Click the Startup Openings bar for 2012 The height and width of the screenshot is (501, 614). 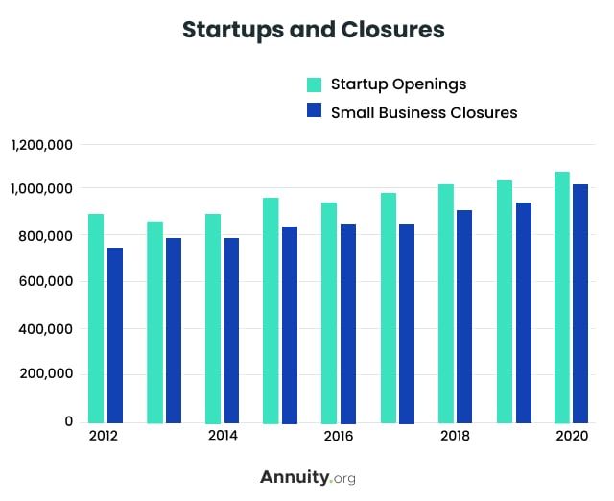[96, 318]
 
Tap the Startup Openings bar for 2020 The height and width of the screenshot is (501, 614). [562, 297]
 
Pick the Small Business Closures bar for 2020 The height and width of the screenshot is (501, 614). [581, 303]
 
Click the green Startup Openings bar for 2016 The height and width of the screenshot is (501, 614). [329, 312]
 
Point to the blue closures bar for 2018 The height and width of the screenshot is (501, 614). [464, 316]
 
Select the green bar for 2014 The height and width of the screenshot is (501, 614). [213, 318]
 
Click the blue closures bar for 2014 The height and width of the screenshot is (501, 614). [231, 330]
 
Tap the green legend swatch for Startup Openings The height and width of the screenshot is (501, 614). [314, 83]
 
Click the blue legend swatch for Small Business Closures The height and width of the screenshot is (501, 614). [314, 111]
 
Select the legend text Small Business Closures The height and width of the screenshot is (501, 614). [424, 112]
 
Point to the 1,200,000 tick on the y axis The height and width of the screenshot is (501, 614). [42, 145]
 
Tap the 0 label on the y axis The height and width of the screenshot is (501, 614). [68, 421]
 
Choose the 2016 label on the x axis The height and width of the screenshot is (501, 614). [339, 437]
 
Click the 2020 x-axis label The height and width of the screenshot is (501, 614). [572, 437]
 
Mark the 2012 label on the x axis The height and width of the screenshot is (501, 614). [104, 437]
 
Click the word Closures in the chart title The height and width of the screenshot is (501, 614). [393, 31]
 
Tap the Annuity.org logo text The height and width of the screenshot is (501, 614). [307, 477]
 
